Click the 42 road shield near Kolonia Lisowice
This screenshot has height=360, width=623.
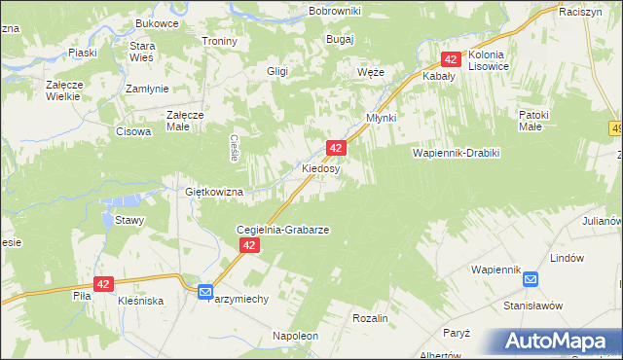pos(451,59)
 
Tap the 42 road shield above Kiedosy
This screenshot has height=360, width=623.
pos(335,148)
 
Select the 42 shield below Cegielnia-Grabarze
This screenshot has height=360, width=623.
pos(249,246)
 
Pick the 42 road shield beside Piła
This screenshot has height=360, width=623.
pos(104,283)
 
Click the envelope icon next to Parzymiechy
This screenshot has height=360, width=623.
pos(204,291)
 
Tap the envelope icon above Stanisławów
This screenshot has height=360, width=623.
pos(530,279)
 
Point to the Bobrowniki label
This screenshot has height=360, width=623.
pos(334,10)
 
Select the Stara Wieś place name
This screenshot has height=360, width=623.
pos(143,52)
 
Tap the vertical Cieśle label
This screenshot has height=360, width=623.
pos(235,147)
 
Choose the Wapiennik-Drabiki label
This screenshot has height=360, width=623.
pos(456,154)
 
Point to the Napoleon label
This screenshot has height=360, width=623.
pos(296,336)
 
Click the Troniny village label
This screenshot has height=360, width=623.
pos(219,41)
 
